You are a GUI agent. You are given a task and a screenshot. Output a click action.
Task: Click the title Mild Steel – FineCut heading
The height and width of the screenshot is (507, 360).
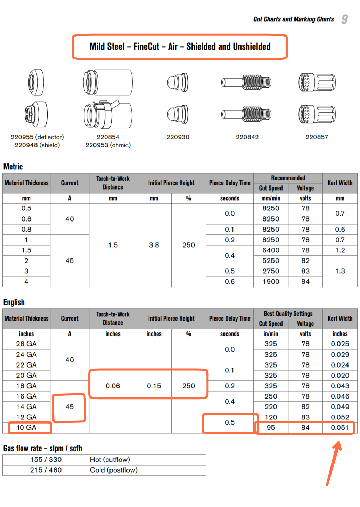tap(180, 47)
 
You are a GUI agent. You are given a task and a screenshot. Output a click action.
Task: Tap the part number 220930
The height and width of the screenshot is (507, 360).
tap(178, 137)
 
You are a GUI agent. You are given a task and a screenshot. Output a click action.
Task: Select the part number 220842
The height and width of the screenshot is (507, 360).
tap(247, 137)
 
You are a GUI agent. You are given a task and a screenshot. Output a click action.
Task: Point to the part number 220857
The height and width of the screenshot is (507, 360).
tap(317, 137)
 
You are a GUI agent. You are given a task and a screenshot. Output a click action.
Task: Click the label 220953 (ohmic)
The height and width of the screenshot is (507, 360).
tap(108, 145)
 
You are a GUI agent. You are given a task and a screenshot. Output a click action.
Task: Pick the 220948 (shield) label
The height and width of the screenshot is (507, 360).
tap(37, 145)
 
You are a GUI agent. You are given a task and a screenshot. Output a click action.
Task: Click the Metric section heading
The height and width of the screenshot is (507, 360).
tap(13, 167)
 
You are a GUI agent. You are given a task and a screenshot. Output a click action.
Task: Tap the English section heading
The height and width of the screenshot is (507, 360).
tap(14, 302)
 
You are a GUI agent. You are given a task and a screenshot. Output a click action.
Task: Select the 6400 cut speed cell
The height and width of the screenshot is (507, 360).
tap(271, 250)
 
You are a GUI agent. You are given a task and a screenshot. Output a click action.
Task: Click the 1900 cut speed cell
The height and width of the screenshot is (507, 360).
tap(271, 282)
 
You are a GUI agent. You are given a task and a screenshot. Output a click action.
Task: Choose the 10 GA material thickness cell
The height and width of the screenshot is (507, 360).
tap(26, 427)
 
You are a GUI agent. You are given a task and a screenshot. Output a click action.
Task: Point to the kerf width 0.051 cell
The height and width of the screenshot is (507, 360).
tap(339, 427)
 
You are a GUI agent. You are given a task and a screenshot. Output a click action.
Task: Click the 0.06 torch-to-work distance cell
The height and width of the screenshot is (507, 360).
tap(113, 386)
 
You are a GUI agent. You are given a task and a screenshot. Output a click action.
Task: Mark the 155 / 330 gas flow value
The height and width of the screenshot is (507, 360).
tap(46, 460)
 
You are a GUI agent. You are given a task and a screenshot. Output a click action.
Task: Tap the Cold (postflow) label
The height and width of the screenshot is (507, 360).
tap(114, 470)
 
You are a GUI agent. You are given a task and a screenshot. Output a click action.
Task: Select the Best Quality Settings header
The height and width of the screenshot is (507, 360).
tap(288, 314)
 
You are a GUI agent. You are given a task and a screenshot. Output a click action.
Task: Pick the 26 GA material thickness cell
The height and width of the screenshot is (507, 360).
tap(26, 344)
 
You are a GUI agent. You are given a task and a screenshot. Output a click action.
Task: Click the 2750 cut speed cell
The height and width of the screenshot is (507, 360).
tap(271, 271)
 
